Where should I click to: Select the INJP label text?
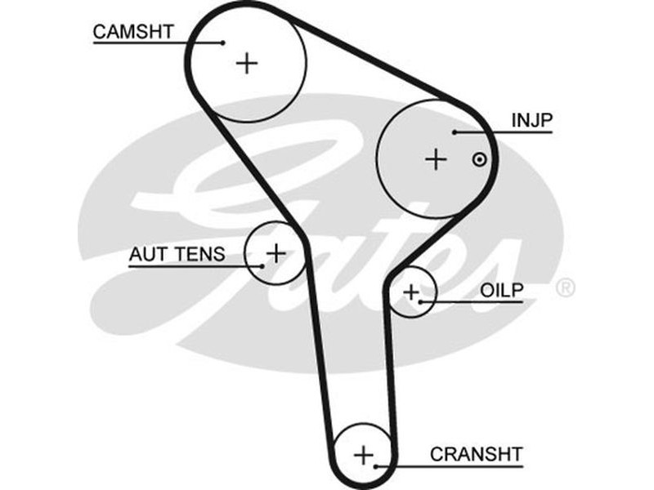coord(532,121)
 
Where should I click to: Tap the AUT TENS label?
coord(176,254)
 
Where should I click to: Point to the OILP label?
coord(501,291)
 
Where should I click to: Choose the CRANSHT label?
coord(476,454)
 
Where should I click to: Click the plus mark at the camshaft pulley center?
coord(246,63)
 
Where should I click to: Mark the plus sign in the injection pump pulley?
coord(437,159)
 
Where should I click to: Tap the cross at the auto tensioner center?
coord(276,252)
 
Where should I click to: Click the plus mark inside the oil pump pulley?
coord(410,291)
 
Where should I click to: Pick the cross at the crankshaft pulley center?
coord(365,454)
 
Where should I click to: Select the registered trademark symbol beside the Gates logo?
coord(565,288)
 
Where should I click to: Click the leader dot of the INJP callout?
coord(455,131)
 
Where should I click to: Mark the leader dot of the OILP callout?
coord(421,302)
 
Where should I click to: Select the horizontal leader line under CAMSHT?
coord(155,42)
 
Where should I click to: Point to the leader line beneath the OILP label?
coord(474,302)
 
